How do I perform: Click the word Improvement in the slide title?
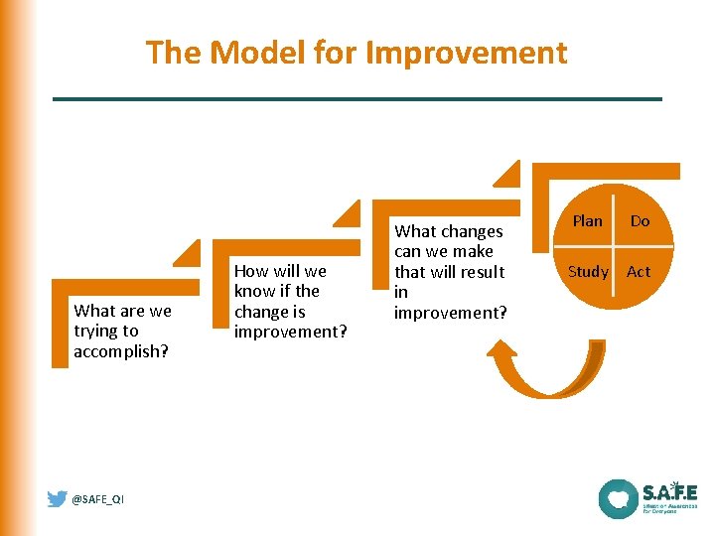click(x=467, y=52)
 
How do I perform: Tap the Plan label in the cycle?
click(x=587, y=220)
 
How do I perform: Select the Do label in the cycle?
click(x=640, y=220)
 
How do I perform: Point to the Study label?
click(x=588, y=271)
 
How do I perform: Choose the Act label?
click(x=639, y=271)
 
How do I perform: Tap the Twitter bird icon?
click(x=58, y=498)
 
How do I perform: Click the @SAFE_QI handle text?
click(x=98, y=499)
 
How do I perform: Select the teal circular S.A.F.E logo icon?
click(x=618, y=498)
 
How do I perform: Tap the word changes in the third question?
click(x=470, y=231)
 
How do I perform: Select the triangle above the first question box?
click(x=187, y=254)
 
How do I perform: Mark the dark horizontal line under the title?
click(x=357, y=98)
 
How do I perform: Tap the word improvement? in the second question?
click(x=290, y=332)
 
